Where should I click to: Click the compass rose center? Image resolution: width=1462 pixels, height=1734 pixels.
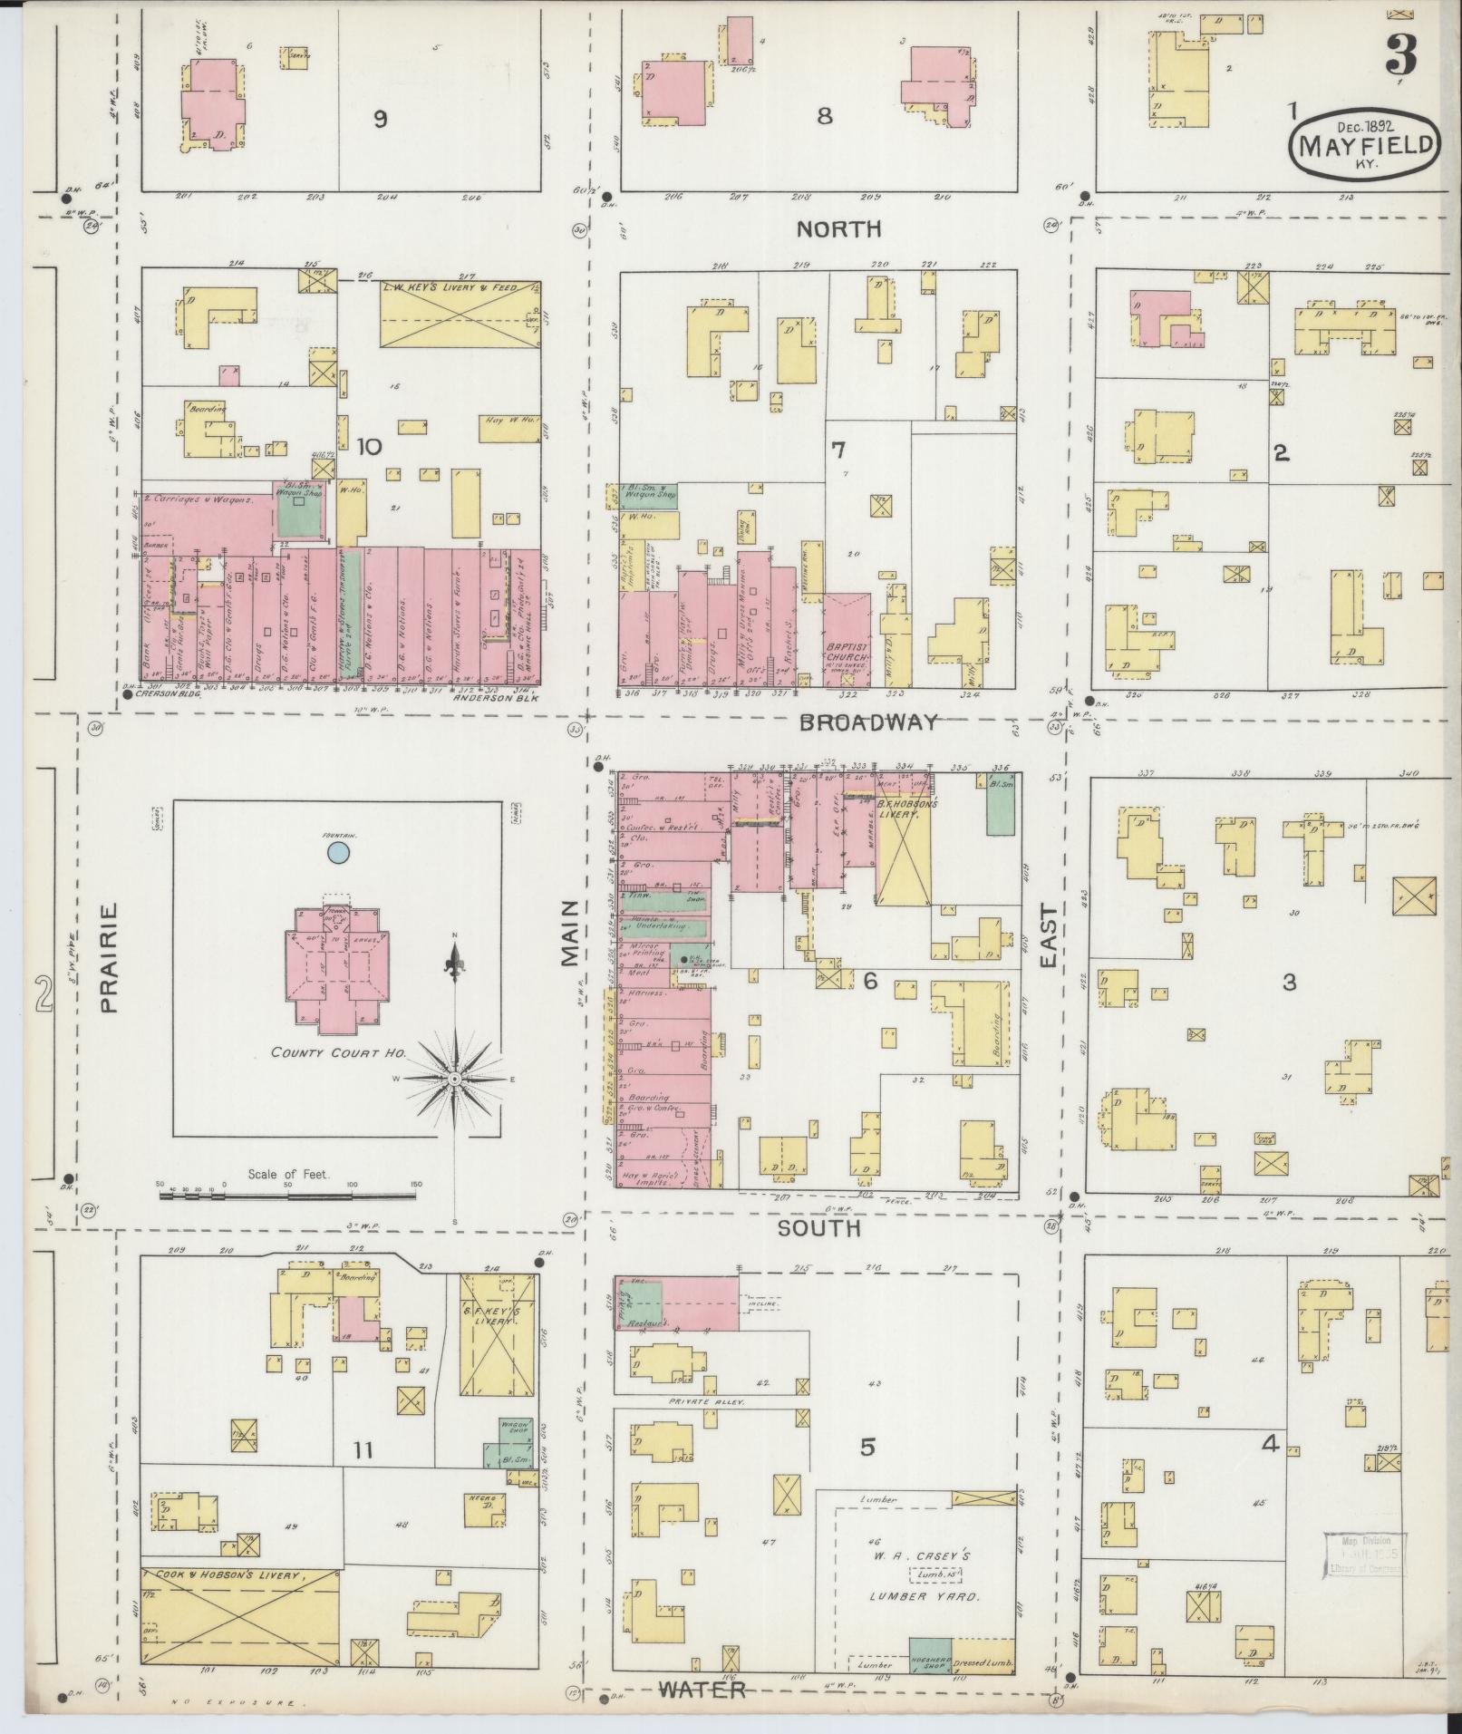click(454, 1079)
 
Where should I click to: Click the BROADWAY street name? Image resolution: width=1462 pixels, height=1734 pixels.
click(867, 722)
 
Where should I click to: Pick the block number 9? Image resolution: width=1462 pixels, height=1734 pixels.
click(381, 119)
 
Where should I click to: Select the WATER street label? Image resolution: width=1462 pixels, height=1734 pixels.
click(702, 1690)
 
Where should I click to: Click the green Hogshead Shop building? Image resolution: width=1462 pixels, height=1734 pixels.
click(930, 1655)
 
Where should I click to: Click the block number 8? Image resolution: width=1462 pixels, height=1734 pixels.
click(824, 116)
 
